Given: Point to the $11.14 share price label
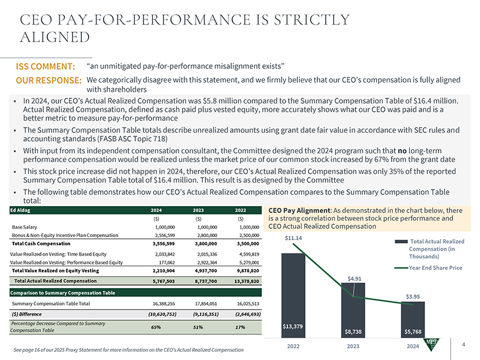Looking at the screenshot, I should (x=293, y=238).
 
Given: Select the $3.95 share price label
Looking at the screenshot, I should (x=413, y=296).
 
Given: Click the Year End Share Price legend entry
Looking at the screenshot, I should (x=436, y=268).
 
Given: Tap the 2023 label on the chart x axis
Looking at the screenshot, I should (x=353, y=347).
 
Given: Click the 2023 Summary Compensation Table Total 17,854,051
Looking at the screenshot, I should (x=204, y=304).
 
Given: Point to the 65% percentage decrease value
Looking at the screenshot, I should (x=156, y=327).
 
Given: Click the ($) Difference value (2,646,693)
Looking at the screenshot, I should (x=245, y=314).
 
